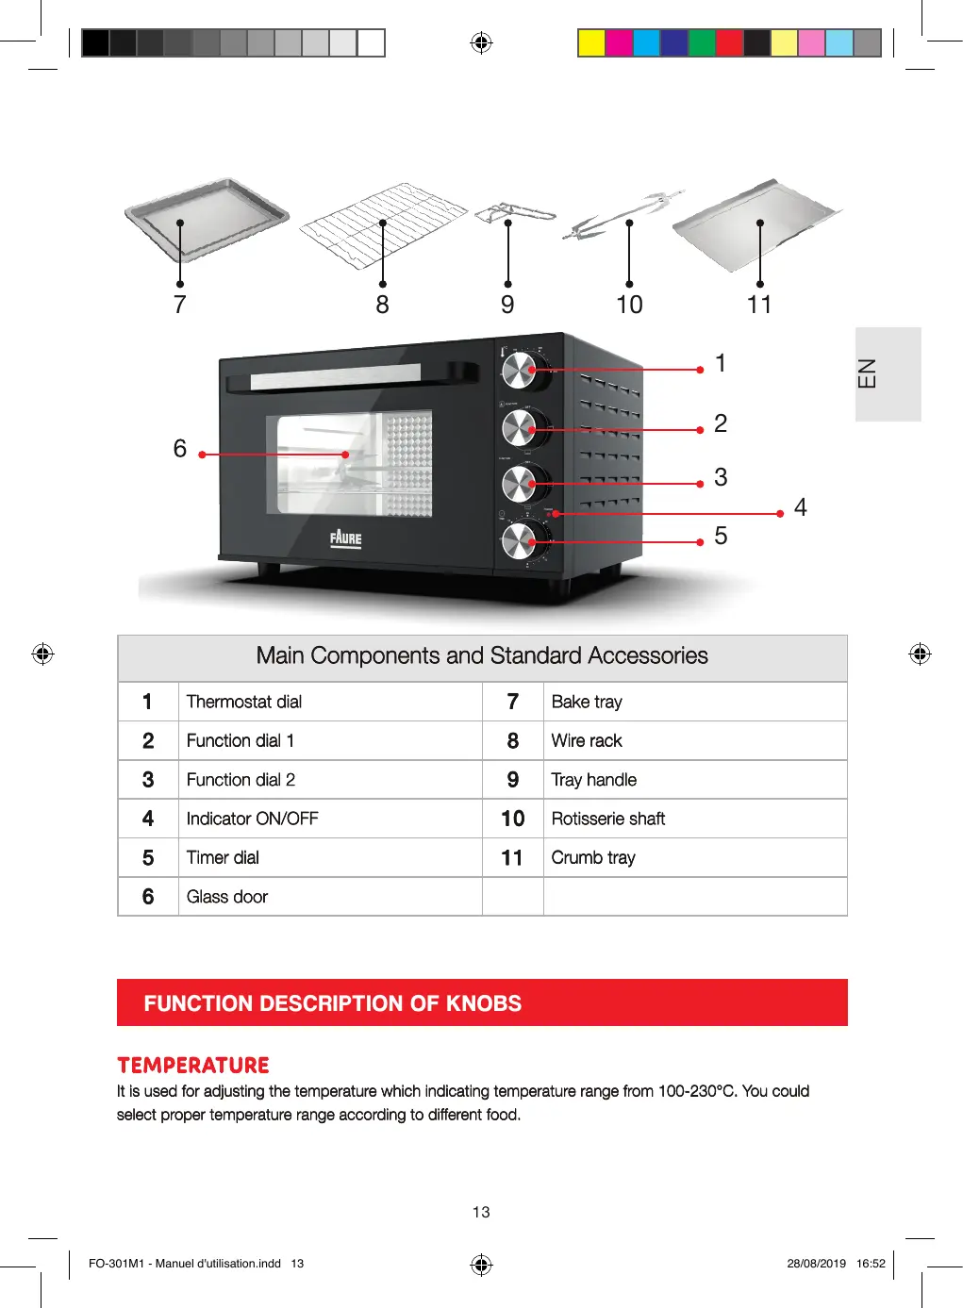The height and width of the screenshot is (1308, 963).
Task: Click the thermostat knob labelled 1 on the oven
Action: [x=518, y=371]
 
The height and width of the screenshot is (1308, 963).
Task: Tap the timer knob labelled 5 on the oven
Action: [x=518, y=541]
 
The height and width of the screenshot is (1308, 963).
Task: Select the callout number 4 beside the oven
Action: [x=800, y=508]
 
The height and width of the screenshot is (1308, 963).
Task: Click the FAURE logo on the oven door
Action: [x=345, y=538]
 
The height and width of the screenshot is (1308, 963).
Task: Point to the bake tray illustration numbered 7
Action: [x=206, y=219]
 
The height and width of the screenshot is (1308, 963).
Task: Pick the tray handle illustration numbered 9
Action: [x=513, y=214]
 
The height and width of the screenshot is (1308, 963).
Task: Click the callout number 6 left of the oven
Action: [x=180, y=449]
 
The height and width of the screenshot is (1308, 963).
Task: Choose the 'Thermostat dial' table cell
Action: [x=244, y=702]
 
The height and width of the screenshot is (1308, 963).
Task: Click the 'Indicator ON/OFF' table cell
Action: [x=253, y=819]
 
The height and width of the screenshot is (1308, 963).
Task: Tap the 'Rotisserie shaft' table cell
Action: [x=608, y=819]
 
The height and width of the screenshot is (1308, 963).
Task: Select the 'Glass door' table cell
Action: [x=227, y=897]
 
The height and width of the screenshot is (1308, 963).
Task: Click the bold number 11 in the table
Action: [x=512, y=858]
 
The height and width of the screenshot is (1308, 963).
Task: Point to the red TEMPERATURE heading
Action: [x=193, y=1066]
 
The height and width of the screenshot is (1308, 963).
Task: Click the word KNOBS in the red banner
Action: [x=483, y=1003]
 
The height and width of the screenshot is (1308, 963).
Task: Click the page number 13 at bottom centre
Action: [x=481, y=1212]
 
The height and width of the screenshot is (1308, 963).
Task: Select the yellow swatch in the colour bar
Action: [x=591, y=43]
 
